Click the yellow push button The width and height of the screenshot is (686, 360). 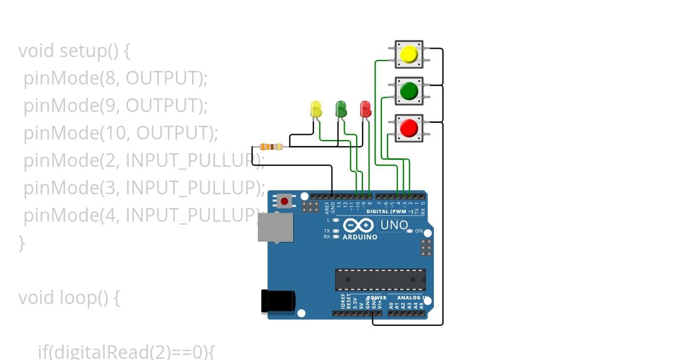click(x=409, y=54)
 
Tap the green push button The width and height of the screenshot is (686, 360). click(x=409, y=91)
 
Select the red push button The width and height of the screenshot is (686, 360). click(x=409, y=128)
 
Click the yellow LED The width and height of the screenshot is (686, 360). click(x=316, y=109)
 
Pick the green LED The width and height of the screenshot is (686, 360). click(x=341, y=109)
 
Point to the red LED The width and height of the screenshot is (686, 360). click(x=365, y=109)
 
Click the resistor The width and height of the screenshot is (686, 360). click(x=271, y=147)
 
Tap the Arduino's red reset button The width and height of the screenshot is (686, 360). click(x=284, y=201)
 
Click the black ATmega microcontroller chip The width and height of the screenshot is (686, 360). click(x=380, y=279)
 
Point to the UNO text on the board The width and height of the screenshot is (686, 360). click(x=393, y=225)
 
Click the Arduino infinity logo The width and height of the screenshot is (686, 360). click(x=360, y=226)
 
